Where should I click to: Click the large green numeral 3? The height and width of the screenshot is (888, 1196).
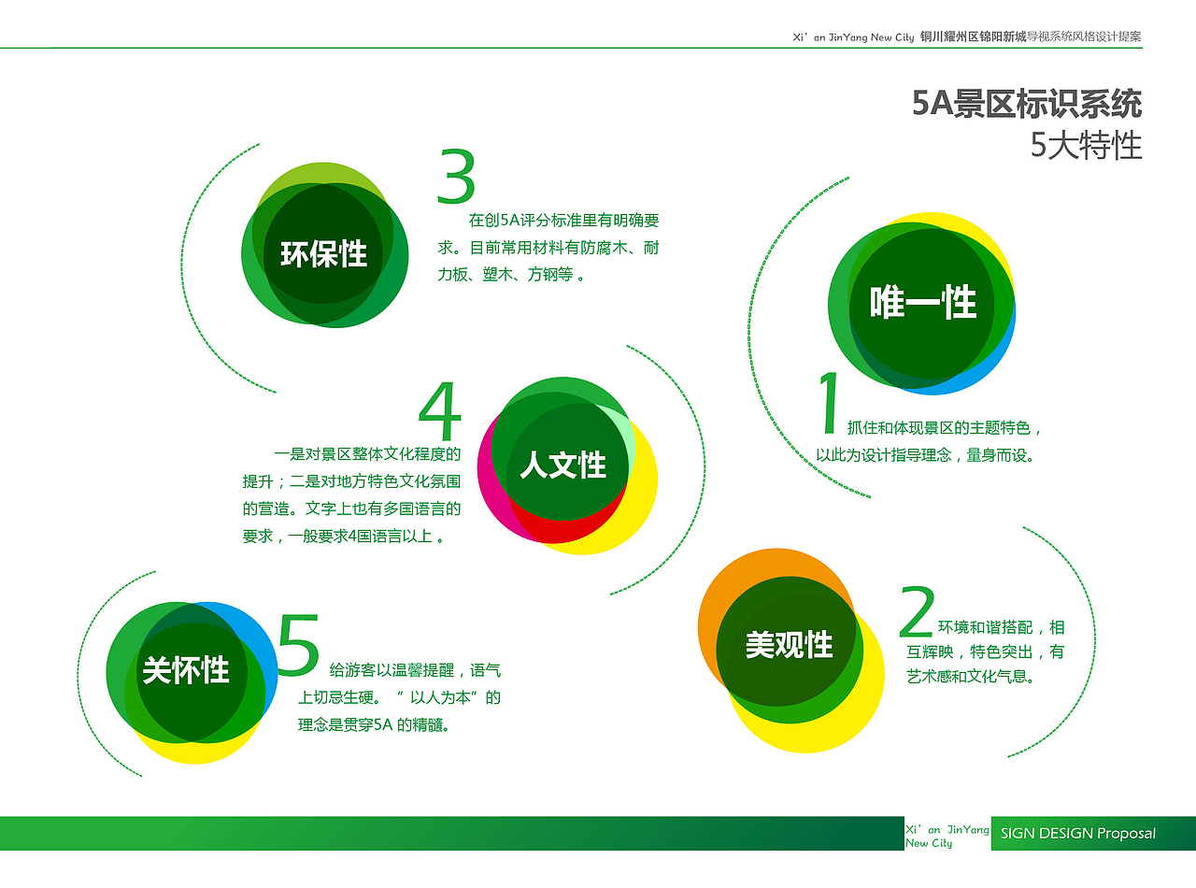(x=456, y=178)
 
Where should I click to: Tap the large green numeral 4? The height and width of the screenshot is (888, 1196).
(x=440, y=411)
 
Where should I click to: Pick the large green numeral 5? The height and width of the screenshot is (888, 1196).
(x=299, y=644)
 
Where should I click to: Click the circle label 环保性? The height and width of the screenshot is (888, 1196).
(x=323, y=253)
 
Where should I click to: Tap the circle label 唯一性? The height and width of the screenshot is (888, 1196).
(x=923, y=302)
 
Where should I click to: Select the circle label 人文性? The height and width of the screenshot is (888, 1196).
(x=562, y=465)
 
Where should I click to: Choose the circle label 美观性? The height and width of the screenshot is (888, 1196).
(x=789, y=644)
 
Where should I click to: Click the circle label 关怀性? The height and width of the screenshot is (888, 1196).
(x=186, y=669)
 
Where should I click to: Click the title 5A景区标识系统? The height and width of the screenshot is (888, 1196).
(x=1027, y=103)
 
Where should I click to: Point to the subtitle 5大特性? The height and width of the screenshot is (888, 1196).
(x=1086, y=146)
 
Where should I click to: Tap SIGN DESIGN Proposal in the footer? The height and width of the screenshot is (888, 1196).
(x=1077, y=834)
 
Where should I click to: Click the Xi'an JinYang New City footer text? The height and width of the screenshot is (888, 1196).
(x=947, y=836)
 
